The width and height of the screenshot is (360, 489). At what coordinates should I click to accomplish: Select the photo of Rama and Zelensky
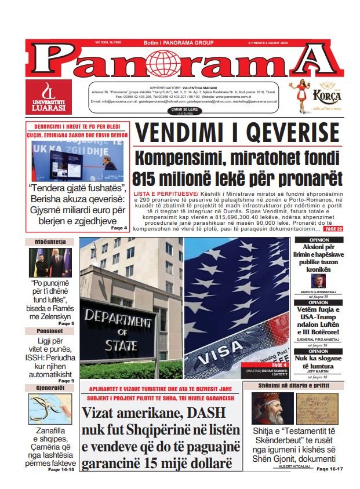(50, 262)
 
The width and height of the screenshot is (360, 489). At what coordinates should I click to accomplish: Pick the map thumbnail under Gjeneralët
(49, 409)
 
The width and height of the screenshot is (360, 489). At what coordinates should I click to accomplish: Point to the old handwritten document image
(317, 408)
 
